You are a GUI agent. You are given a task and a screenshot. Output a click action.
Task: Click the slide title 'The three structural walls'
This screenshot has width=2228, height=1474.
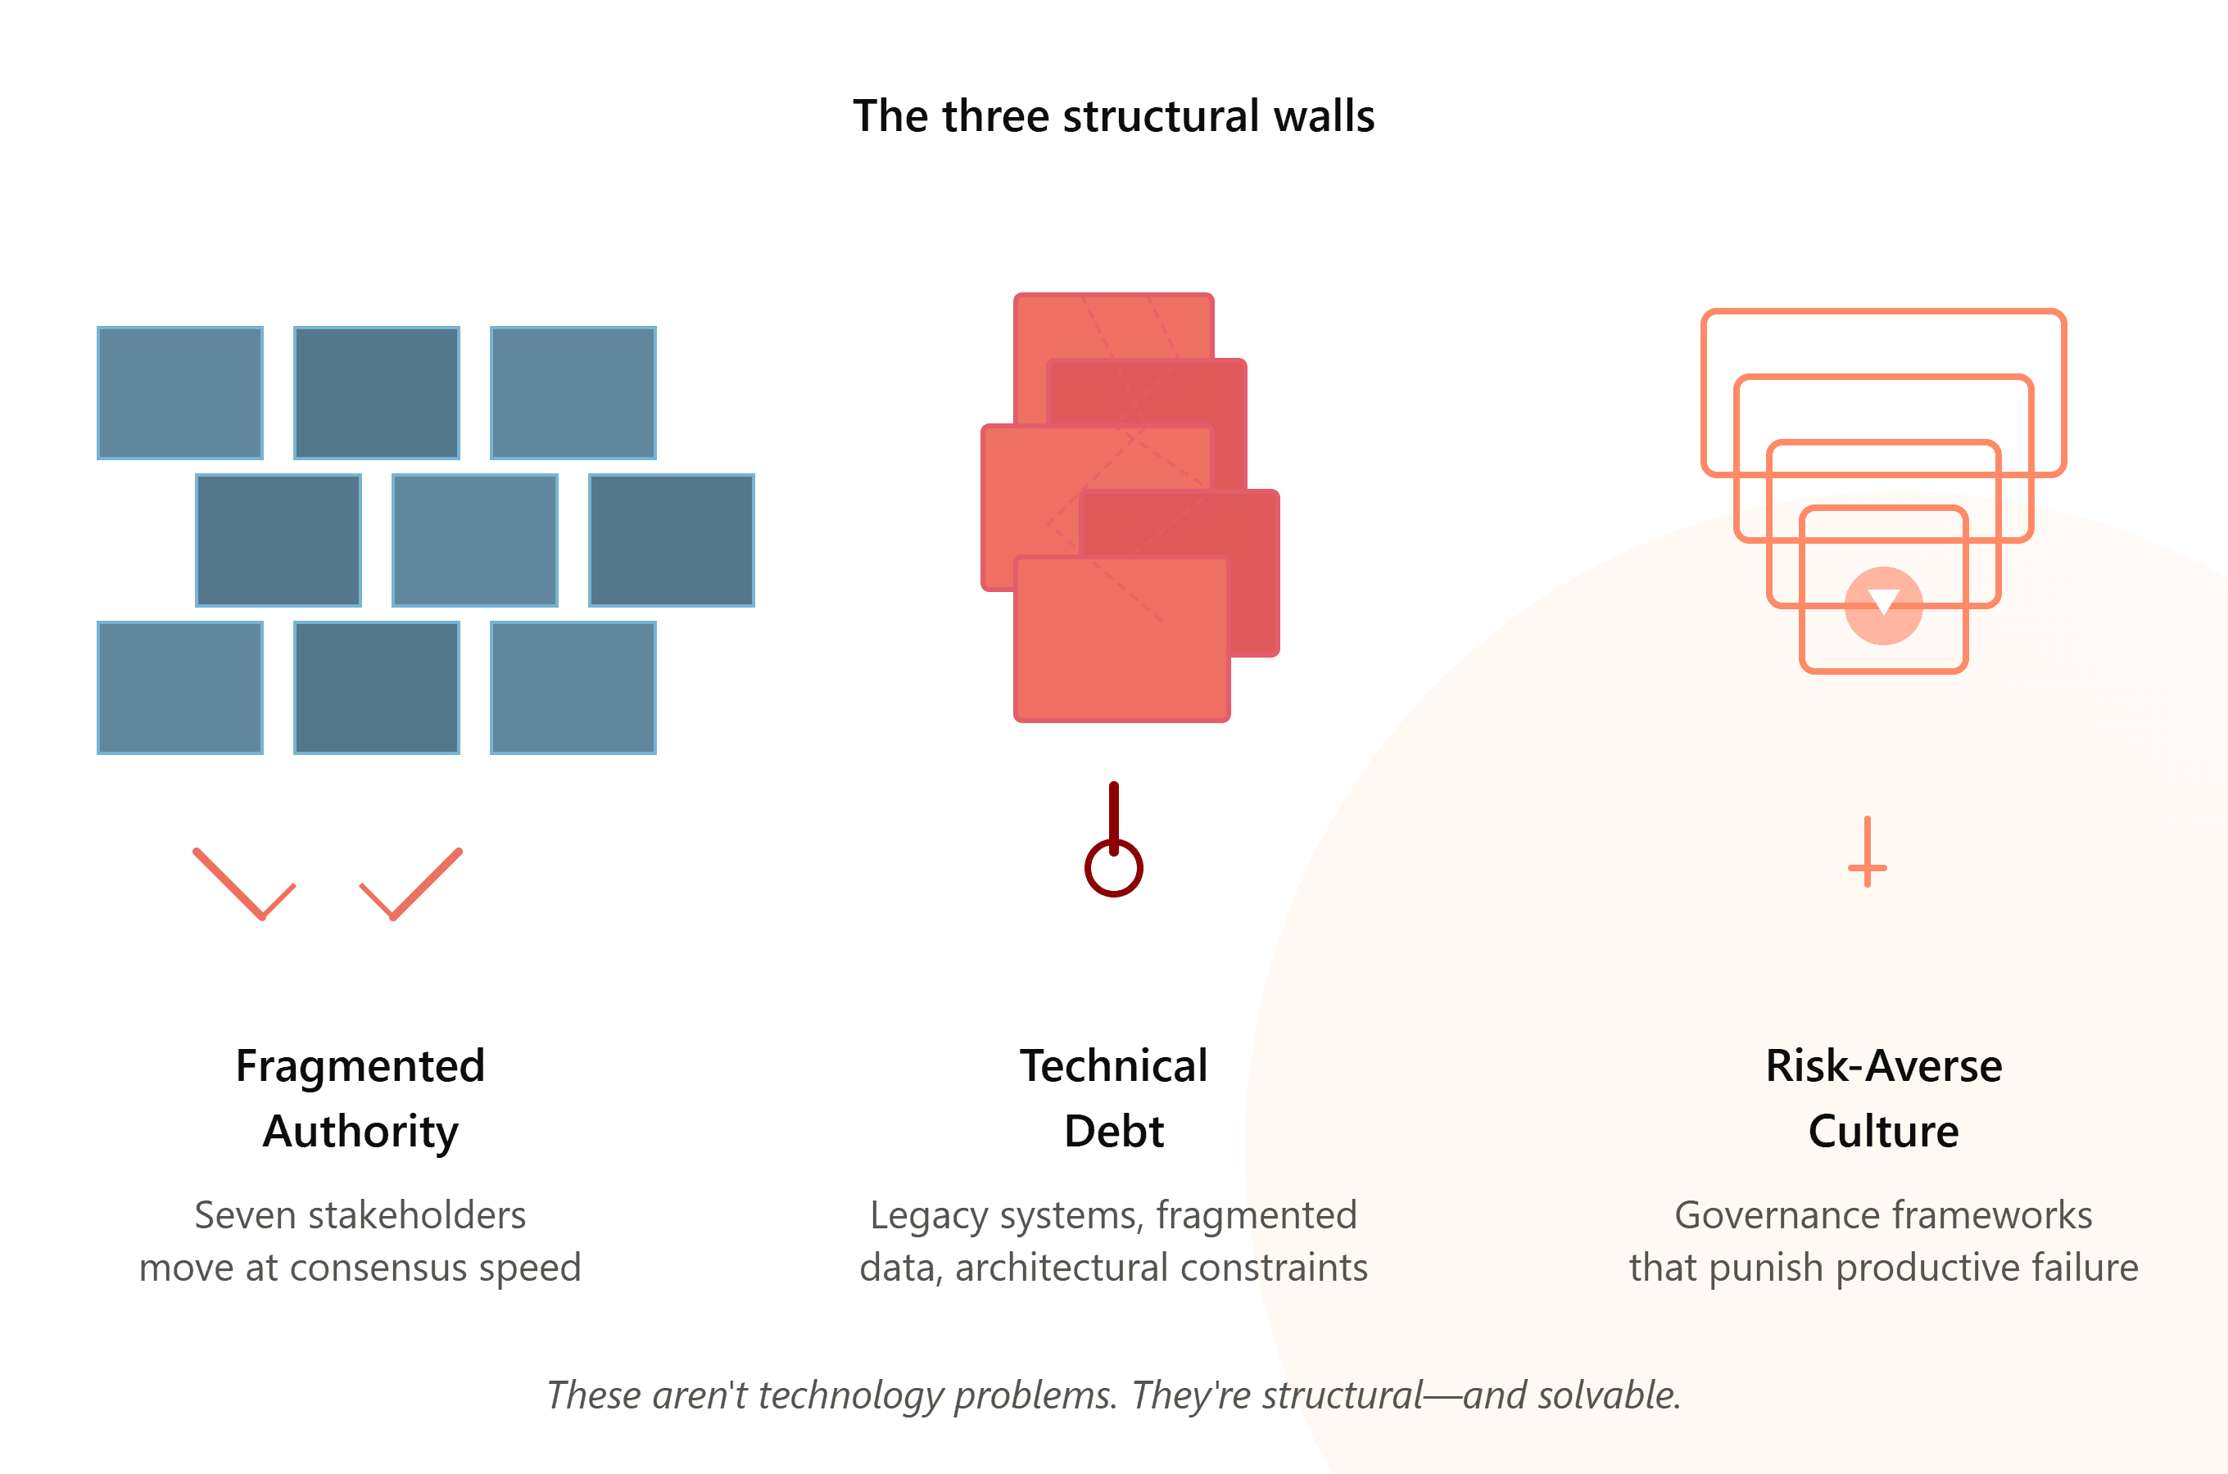(1114, 116)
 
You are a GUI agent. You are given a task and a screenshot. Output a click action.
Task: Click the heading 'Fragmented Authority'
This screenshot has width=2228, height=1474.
(361, 1098)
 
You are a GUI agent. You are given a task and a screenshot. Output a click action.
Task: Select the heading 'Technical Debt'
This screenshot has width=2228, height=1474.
(1114, 1098)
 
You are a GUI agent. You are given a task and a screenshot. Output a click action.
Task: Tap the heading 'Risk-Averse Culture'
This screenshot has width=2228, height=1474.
(1884, 1098)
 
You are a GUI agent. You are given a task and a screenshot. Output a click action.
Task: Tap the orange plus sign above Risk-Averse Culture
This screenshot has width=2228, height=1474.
(1867, 852)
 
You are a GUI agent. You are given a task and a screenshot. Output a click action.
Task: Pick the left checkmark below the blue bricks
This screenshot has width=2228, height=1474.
(244, 884)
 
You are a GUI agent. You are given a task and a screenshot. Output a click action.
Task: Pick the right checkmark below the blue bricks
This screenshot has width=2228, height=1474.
(412, 884)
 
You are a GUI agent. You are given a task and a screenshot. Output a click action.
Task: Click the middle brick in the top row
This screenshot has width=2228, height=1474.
(377, 393)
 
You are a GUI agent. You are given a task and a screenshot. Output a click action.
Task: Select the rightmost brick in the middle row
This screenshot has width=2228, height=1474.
(671, 540)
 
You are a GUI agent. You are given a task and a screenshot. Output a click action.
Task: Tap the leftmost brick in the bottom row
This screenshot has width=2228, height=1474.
(180, 687)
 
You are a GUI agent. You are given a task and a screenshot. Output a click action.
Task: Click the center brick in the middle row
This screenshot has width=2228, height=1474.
(475, 540)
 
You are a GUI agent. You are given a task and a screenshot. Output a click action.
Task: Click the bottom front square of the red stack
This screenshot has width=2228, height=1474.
(1122, 638)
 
